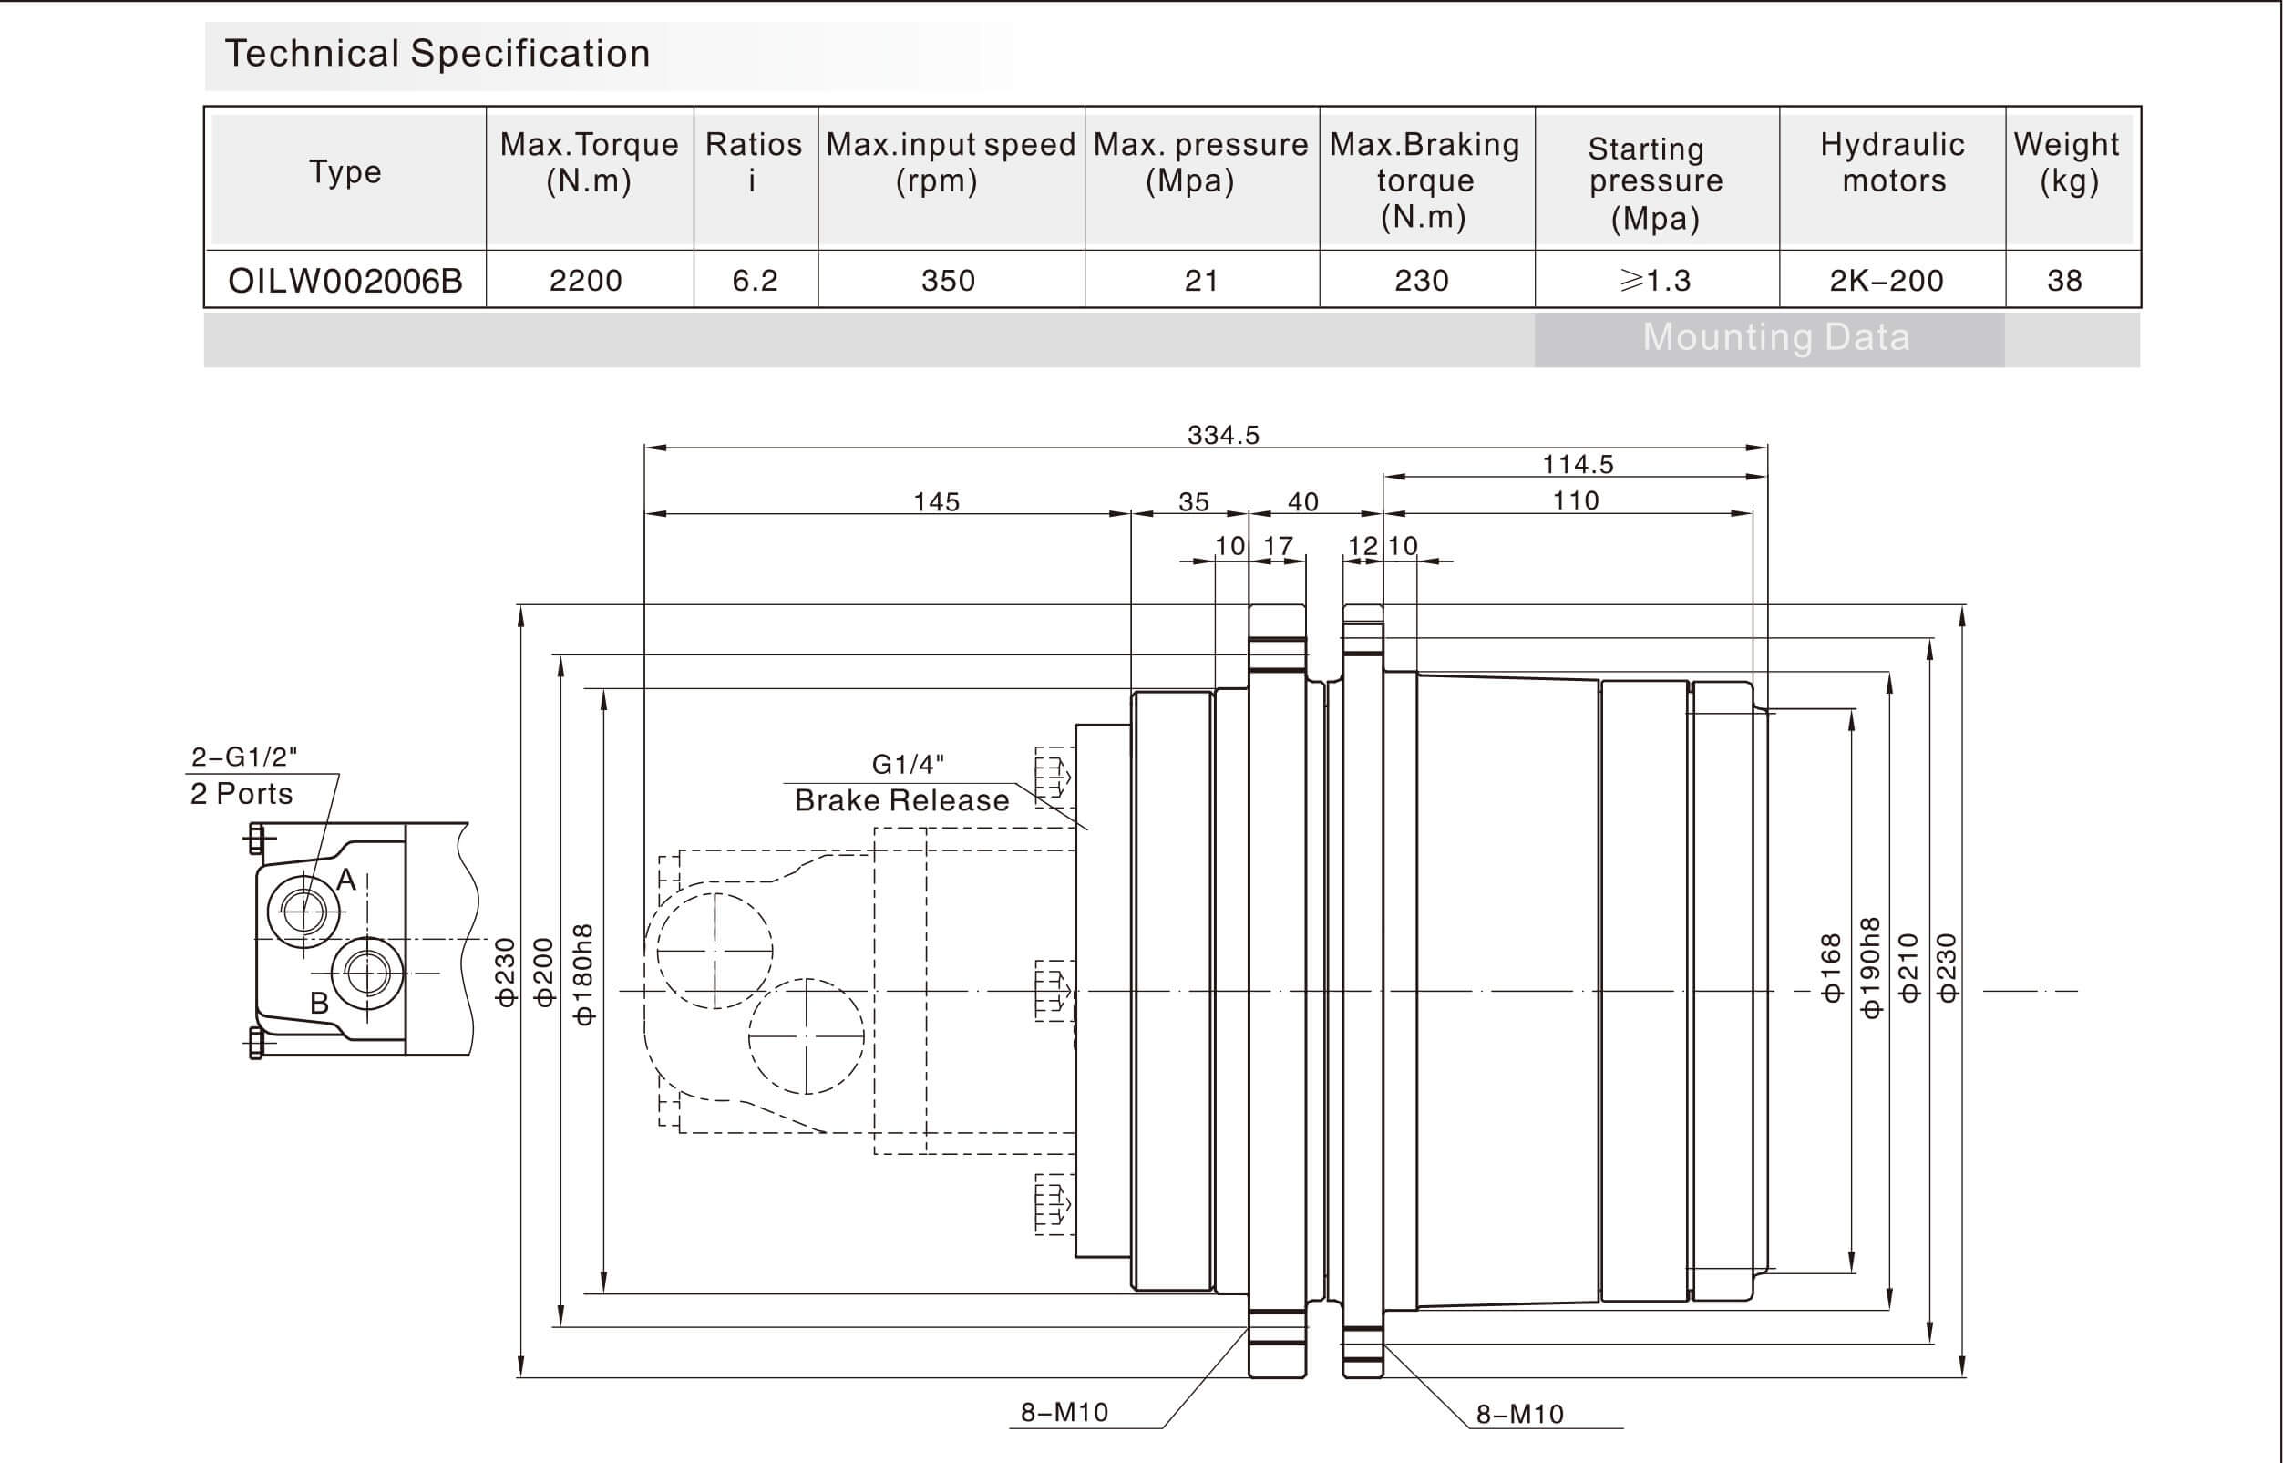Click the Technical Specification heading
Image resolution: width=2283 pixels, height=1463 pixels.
437,54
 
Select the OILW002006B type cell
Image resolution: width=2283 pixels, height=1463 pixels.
345,281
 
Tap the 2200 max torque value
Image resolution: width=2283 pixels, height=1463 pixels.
586,281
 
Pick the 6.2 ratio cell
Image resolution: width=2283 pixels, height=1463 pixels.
755,281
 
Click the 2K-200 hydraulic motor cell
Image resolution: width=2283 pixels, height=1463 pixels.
1886,281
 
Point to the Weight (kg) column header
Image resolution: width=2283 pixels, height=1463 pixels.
2066,162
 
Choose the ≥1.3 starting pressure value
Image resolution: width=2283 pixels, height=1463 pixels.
1655,281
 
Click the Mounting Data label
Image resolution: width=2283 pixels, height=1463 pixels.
1776,338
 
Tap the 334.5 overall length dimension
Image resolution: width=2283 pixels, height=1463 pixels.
1223,435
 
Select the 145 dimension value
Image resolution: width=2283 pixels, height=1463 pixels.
936,501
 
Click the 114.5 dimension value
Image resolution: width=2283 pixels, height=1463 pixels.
1578,465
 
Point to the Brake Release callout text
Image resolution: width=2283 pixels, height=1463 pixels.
901,801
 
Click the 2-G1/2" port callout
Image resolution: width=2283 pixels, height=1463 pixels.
244,757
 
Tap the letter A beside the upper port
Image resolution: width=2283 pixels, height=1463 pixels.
346,880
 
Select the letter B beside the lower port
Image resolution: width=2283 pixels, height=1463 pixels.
320,1004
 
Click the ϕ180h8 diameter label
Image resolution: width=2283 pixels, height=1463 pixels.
584,974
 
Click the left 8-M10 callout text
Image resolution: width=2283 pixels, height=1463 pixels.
1064,1413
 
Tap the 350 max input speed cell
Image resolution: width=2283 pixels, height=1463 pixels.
948,281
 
